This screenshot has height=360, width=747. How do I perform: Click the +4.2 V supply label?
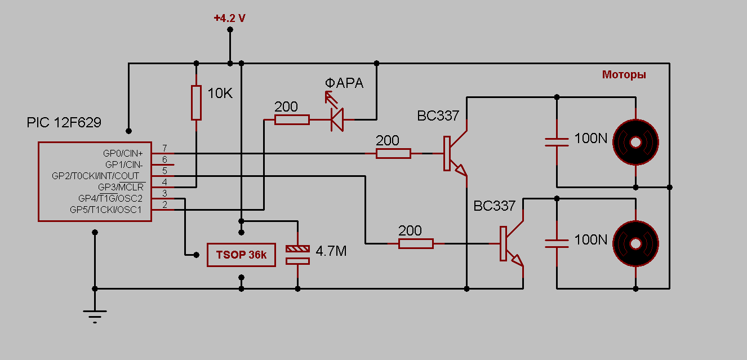pyautogui.click(x=229, y=18)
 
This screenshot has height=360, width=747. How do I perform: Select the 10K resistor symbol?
pyautogui.click(x=196, y=103)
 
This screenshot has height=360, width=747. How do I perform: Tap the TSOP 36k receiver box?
pyautogui.click(x=241, y=255)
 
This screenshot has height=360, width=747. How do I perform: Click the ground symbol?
pyautogui.click(x=95, y=315)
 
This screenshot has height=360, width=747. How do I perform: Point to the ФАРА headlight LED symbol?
pyautogui.click(x=337, y=119)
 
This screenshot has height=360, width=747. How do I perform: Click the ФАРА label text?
pyautogui.click(x=344, y=83)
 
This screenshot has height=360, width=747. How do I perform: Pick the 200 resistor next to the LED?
pyautogui.click(x=292, y=119)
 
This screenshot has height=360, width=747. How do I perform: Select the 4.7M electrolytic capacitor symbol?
pyautogui.click(x=297, y=254)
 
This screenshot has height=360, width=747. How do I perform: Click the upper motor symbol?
pyautogui.click(x=635, y=142)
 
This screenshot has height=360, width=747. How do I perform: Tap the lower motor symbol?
pyautogui.click(x=635, y=243)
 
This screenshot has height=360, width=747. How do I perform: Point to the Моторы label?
pyautogui.click(x=624, y=74)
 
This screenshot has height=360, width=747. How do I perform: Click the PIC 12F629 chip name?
pyautogui.click(x=64, y=122)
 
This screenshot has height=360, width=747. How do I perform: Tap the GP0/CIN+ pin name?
pyautogui.click(x=123, y=153)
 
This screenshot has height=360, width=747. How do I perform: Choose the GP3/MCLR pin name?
pyautogui.click(x=121, y=186)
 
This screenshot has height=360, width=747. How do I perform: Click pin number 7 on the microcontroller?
pyautogui.click(x=164, y=148)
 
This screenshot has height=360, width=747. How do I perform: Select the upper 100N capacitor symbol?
pyautogui.click(x=557, y=141)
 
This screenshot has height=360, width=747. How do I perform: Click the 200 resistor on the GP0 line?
pyautogui.click(x=393, y=153)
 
